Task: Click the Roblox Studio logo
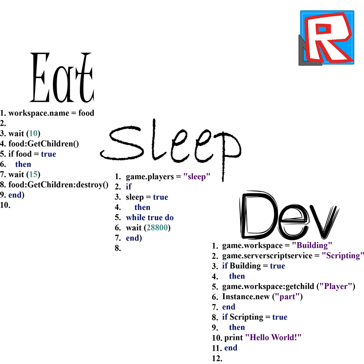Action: pos(327,38)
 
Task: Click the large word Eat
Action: pos(62,77)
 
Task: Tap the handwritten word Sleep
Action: pos(171,149)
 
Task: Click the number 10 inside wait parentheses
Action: pos(33,133)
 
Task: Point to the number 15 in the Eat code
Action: pos(33,174)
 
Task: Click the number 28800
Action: pos(157,228)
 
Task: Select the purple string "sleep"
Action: pos(197,176)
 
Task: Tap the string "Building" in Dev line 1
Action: pos(312,245)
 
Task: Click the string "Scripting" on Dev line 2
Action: pos(343,255)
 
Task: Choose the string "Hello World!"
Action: pos(273,337)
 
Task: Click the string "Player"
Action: pos(335,286)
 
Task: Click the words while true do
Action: pos(150,217)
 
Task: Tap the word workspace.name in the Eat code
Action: pos(39,113)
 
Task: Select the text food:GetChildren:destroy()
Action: pos(59,184)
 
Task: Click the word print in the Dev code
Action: pos(234,338)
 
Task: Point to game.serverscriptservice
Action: pos(267,256)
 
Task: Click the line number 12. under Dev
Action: pos(217,358)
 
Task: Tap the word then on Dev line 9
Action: pos(237,327)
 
